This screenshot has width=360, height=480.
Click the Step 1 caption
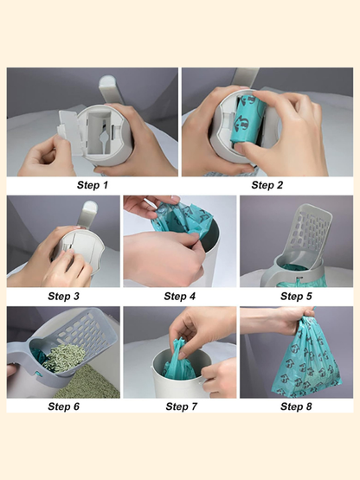pyautogui.click(x=93, y=185)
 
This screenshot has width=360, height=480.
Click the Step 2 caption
pyautogui.click(x=267, y=185)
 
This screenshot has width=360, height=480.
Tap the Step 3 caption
pyautogui.click(x=63, y=296)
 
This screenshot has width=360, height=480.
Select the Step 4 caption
pyautogui.click(x=179, y=296)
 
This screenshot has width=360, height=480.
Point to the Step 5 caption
pyautogui.click(x=296, y=296)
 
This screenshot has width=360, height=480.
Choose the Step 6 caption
pyautogui.click(x=63, y=406)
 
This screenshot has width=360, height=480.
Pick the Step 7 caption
pyautogui.click(x=182, y=406)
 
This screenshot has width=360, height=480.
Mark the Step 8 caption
pyautogui.click(x=296, y=406)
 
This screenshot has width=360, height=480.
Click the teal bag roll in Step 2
pyautogui.click(x=248, y=123)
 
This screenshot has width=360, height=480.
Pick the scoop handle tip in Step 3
pyautogui.click(x=90, y=207)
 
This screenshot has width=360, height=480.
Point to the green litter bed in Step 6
pyautogui.click(x=89, y=382)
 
